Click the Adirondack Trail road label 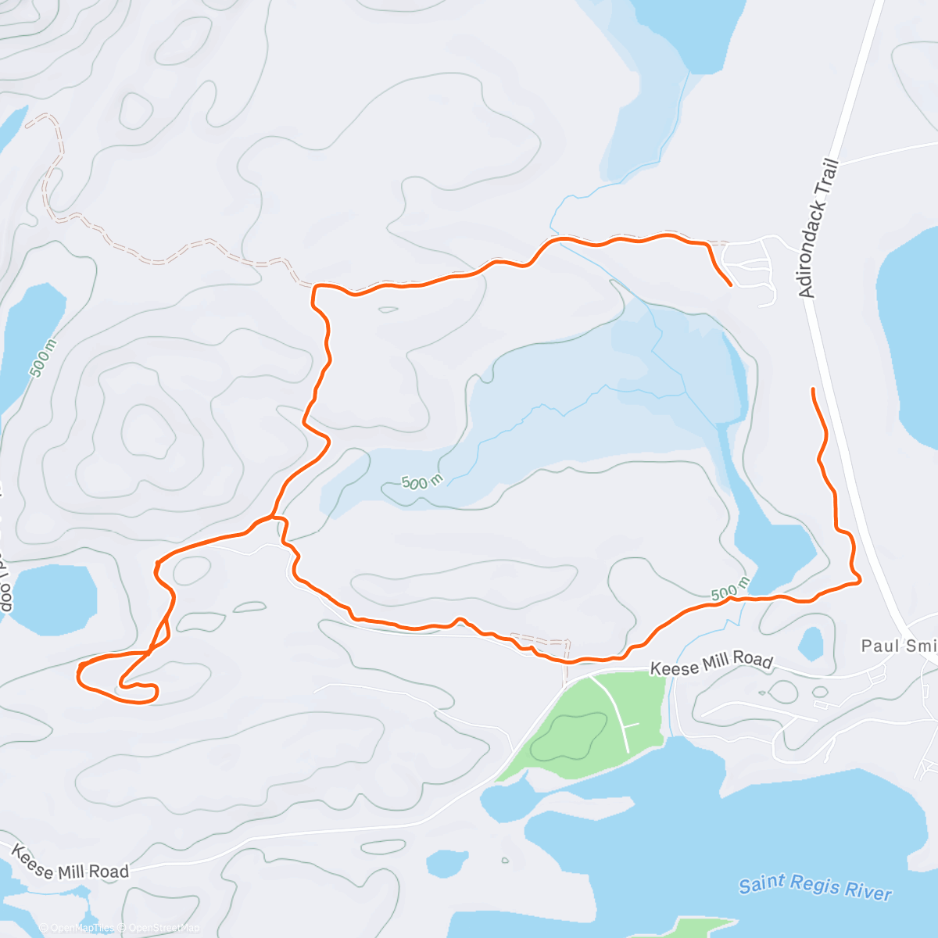pos(818,228)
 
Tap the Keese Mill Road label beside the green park pos(711,664)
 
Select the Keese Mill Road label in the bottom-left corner pos(70,861)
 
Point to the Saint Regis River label pos(815,887)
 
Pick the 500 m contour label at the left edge pos(43,359)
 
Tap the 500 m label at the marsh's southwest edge pos(422,482)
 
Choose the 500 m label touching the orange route pos(730,590)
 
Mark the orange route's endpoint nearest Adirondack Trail pos(814,389)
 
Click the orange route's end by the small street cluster pos(730,285)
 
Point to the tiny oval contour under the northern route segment pos(387,310)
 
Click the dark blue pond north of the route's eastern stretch pos(770,547)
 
